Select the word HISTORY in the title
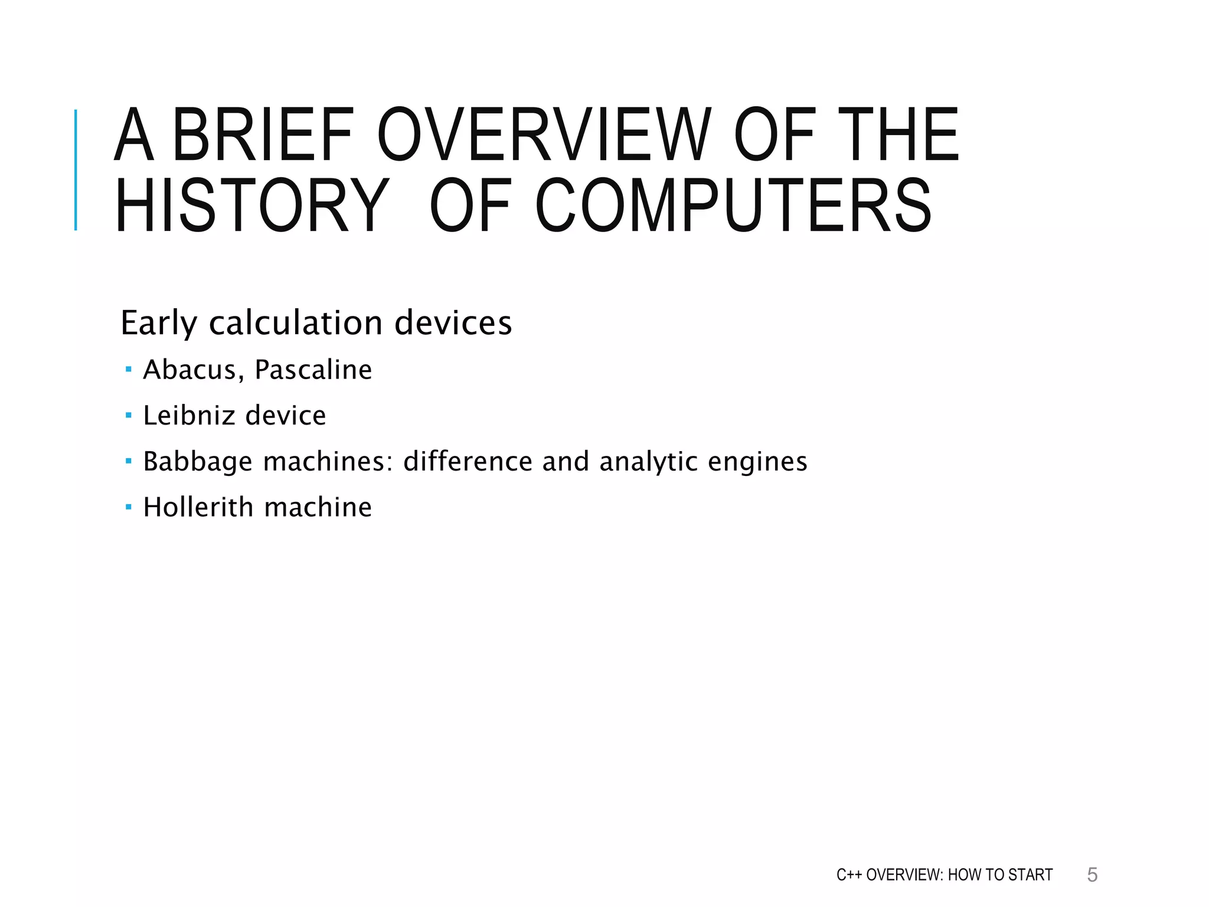(251, 206)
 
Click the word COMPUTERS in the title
(733, 206)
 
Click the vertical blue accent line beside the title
(76, 170)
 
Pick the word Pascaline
(313, 370)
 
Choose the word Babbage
(197, 462)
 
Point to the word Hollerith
(198, 507)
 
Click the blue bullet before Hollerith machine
(129, 507)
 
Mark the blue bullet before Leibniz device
(129, 415)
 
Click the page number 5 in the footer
(1092, 875)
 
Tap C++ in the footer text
(849, 875)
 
